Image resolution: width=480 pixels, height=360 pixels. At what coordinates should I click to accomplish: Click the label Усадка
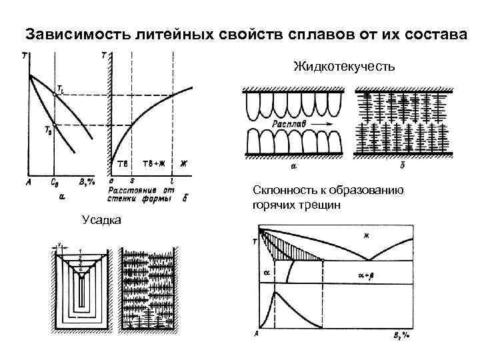click(x=101, y=219)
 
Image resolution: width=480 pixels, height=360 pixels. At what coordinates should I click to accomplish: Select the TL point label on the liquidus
click(x=61, y=87)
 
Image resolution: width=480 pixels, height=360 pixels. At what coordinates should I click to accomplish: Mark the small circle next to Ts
click(x=55, y=125)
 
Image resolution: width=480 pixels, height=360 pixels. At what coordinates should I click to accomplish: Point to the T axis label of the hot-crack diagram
click(x=255, y=241)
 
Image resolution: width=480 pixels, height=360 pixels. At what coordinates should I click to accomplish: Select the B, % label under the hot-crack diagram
click(x=401, y=335)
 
